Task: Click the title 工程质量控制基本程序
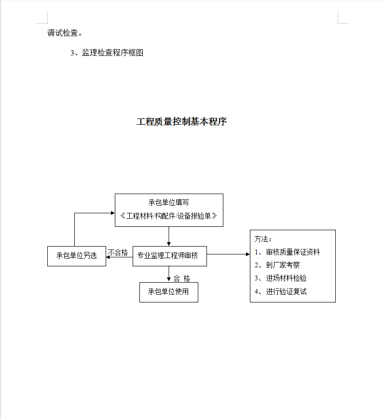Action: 182,122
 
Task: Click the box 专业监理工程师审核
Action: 169,256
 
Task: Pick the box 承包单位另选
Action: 76,256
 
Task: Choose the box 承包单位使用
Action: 168,292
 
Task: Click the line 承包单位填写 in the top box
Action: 169,203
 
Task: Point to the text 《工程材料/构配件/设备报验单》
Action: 169,216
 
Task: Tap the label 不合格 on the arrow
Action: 118,252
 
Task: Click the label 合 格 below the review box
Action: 182,279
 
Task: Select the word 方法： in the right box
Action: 263,239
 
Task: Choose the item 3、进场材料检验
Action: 281,278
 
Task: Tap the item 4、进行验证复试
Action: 281,291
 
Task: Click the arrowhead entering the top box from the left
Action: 112,212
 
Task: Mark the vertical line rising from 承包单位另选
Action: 74,230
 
